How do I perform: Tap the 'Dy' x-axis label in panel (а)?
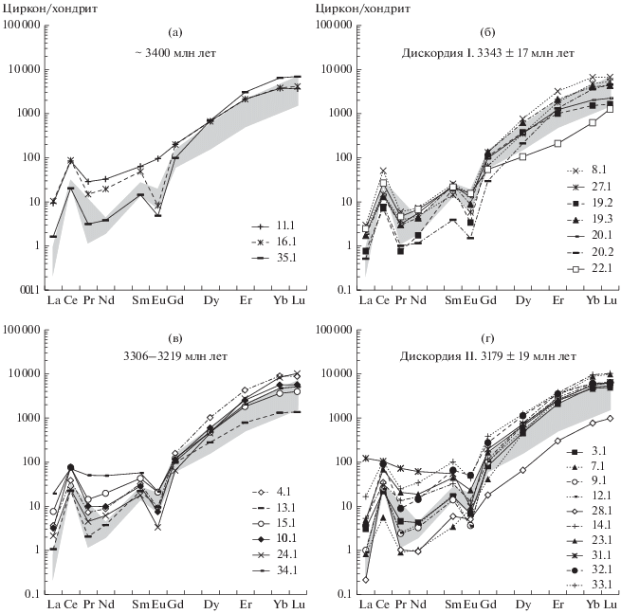[210, 302]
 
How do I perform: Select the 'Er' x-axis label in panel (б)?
[557, 302]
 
